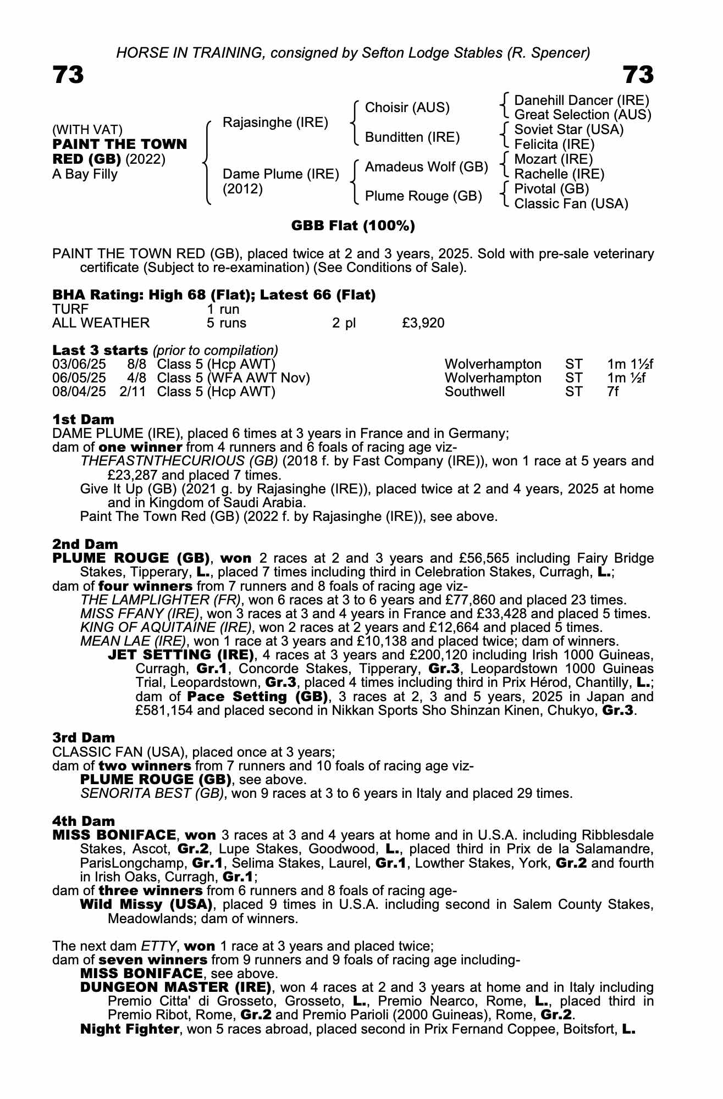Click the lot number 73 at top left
(68, 75)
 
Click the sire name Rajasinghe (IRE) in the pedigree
(275, 122)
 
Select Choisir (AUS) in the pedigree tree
(407, 108)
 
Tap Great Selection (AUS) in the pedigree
(582, 115)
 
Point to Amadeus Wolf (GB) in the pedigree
(426, 166)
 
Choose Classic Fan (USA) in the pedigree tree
(571, 203)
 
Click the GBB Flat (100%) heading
(352, 226)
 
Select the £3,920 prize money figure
(423, 323)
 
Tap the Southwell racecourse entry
(474, 392)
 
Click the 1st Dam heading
(83, 420)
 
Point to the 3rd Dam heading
(84, 737)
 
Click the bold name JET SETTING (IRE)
(181, 655)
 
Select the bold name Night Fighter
(130, 1029)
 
